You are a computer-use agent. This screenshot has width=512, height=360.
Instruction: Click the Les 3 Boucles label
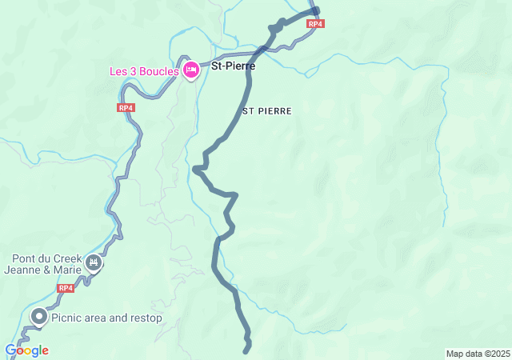tap(144, 71)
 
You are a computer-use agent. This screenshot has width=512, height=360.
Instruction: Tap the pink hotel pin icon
tap(191, 70)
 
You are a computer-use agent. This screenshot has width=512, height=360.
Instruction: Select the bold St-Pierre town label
tap(233, 66)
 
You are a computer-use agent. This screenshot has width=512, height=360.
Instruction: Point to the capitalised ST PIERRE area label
tap(266, 110)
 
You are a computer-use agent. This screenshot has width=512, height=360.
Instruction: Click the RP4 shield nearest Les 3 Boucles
tap(126, 107)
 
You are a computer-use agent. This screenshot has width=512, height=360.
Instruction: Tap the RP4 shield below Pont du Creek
tap(66, 288)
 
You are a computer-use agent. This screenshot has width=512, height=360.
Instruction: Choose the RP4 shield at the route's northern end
tap(316, 24)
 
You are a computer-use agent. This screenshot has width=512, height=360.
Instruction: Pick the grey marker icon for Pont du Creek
tap(94, 262)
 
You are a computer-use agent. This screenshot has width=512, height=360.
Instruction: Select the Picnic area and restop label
tap(106, 318)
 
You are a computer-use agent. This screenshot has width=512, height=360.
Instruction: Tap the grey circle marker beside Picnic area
tap(38, 318)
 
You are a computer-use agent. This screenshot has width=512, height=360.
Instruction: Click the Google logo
tap(26, 350)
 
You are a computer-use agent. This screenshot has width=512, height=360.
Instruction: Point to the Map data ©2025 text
tap(478, 354)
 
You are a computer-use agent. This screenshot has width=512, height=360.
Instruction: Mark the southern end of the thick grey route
tap(247, 350)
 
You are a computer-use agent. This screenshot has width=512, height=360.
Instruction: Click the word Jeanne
tap(25, 270)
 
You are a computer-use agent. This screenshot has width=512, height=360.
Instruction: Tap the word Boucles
tap(158, 71)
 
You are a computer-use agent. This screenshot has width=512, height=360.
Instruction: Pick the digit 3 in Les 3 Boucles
tap(132, 71)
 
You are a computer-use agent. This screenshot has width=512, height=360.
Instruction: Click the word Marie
tap(69, 270)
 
